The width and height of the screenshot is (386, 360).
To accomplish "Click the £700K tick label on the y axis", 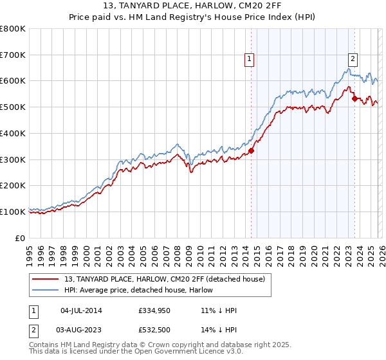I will (13, 55).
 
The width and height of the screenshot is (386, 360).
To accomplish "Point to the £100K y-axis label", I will (13, 212).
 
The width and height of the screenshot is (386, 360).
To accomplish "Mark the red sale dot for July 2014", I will (252, 151).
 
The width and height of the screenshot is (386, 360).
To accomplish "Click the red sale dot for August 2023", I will (354, 99).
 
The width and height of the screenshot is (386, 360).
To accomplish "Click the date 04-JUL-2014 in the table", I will (81, 310).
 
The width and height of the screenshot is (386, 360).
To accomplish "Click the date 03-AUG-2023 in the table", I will (81, 330).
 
